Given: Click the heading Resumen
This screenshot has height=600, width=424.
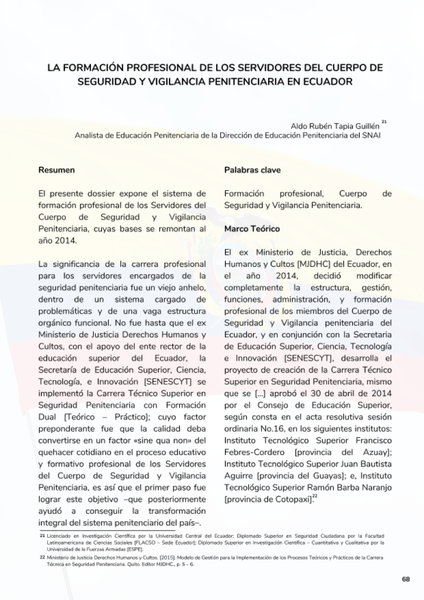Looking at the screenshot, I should tap(56, 170).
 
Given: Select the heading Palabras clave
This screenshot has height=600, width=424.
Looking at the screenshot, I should tap(252, 170).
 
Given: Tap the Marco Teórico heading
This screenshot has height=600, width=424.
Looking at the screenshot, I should tap(252, 229).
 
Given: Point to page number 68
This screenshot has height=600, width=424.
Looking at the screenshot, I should tap(406, 580).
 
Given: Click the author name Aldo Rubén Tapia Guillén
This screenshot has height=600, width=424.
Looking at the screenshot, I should tap(335, 126).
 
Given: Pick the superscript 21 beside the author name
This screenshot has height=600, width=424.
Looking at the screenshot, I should tap(384, 122).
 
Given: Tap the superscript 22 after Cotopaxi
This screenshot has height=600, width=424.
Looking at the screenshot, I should tap(315, 496).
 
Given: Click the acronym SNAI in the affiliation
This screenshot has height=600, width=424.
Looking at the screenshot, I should tap(372, 136).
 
